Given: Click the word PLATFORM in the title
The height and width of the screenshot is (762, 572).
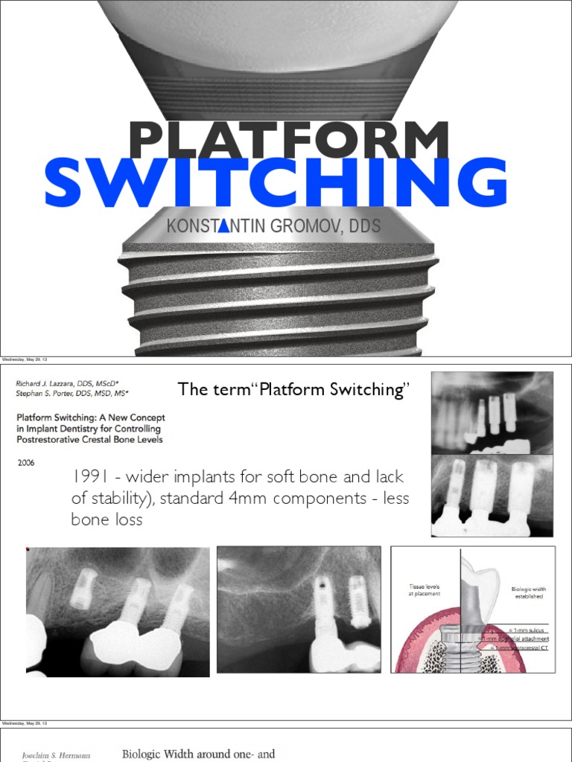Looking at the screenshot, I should tap(288, 141).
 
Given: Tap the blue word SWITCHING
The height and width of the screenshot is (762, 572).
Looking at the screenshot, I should tap(276, 182).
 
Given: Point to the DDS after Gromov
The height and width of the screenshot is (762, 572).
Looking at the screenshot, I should tap(365, 226).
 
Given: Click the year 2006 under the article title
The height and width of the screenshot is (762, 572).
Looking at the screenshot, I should tap(27, 461).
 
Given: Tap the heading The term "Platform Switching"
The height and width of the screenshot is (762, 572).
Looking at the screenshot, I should tap(290, 390).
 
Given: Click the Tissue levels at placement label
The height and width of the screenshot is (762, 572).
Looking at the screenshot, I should tap(425, 589).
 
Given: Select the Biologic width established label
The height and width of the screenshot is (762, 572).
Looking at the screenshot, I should tap(528, 593).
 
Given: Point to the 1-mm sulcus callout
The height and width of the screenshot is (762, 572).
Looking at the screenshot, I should tap(530, 630).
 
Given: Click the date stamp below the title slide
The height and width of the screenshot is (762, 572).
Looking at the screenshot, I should tap(25, 359).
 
